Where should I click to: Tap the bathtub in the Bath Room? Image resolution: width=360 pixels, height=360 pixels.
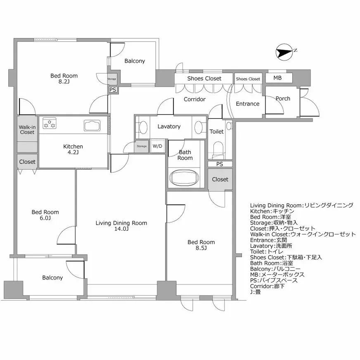click(185, 178)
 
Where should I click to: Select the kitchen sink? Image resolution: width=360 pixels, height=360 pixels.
click(92, 126)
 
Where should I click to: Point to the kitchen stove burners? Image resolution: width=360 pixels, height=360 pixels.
click(50, 123)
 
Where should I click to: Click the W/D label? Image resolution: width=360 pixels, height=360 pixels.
click(157, 146)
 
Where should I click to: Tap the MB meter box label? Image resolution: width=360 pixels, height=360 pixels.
click(277, 78)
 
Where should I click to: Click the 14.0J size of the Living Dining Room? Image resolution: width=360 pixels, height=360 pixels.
click(121, 229)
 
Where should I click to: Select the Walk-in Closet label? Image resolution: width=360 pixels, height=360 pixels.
click(27, 130)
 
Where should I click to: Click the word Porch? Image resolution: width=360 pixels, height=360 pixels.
click(283, 99)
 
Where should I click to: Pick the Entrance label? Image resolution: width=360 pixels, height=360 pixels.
click(248, 104)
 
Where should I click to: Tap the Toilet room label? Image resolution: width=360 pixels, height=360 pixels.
click(216, 132)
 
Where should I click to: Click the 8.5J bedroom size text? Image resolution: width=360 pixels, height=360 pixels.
click(201, 248)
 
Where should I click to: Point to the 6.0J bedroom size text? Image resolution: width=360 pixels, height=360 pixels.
click(45, 218)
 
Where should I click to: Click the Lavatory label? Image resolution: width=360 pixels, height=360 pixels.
click(169, 126)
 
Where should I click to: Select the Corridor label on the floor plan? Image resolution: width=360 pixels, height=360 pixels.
click(194, 99)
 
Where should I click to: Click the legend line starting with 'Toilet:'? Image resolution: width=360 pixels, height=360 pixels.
click(267, 252)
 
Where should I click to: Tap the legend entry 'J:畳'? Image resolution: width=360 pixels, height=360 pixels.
click(255, 292)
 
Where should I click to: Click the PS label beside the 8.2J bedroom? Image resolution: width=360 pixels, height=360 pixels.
click(113, 90)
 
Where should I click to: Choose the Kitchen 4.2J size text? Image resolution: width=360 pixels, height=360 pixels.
click(73, 152)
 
